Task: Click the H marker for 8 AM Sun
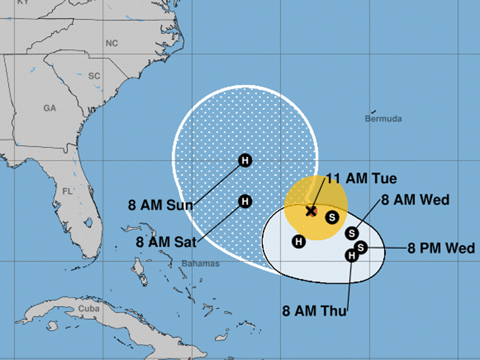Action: point(245,160)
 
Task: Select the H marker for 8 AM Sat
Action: point(245,201)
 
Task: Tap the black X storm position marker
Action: point(311,211)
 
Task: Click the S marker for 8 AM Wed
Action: point(351,233)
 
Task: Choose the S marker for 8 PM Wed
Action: point(361,247)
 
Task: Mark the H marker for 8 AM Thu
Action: point(351,256)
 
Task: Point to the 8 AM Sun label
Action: point(160,204)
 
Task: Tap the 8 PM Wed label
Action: point(441,249)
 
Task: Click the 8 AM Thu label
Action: point(314,311)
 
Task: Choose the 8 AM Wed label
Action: point(415,200)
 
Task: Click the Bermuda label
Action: point(383,119)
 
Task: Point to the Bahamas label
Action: point(201,263)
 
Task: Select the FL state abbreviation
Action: point(67,191)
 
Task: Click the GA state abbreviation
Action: point(50,108)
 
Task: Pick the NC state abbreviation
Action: point(111,43)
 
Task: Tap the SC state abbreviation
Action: point(94,76)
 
